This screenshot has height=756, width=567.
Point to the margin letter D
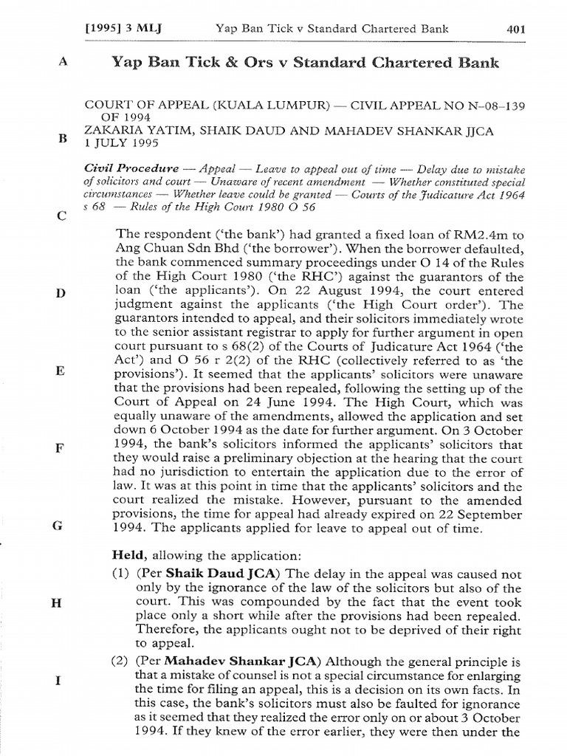point(61,293)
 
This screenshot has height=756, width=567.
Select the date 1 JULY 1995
point(120,143)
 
